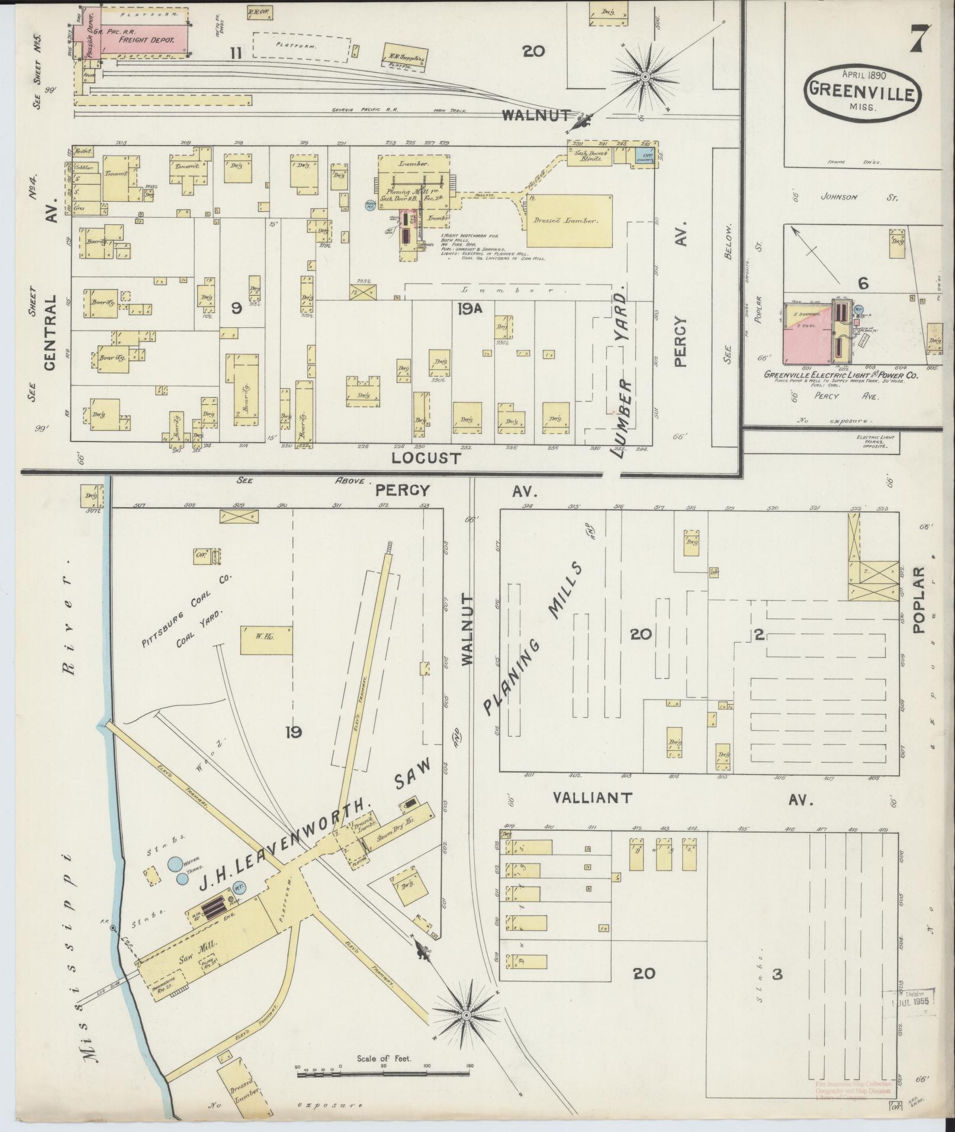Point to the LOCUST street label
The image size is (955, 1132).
point(426,458)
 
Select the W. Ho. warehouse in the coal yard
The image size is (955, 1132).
point(266,640)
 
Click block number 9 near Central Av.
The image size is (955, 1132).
point(236,308)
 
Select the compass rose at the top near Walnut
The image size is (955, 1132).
point(645,76)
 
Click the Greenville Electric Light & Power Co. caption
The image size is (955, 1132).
point(841,375)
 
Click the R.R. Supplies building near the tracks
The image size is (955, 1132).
point(406,57)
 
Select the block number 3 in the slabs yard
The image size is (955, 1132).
point(777,974)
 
